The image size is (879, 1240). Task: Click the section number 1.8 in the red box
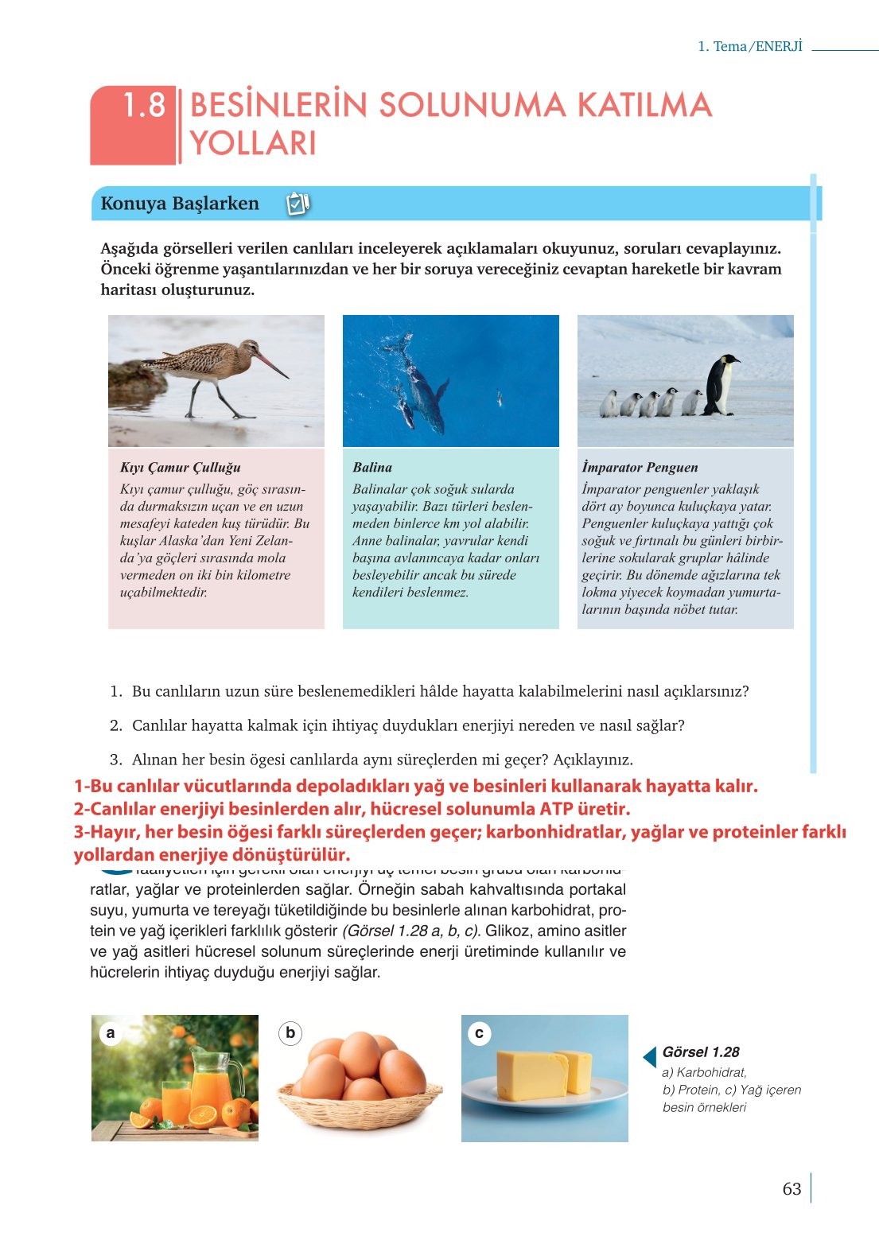[x=144, y=106]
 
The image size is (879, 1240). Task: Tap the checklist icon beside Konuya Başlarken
[x=297, y=204]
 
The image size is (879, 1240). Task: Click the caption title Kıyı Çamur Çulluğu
[x=180, y=468]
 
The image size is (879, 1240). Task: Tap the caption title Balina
[x=372, y=468]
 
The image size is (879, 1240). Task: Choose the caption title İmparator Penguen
[x=640, y=468]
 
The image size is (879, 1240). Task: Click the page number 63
[x=791, y=1189]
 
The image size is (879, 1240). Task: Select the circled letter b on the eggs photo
[x=290, y=1033]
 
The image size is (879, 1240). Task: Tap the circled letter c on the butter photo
[x=479, y=1033]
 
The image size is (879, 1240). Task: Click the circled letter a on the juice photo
[x=111, y=1033]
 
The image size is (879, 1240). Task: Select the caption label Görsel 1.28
[x=701, y=1052]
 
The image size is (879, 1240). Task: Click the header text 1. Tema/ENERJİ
[x=750, y=46]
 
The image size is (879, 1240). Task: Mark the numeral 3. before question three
[x=116, y=760]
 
